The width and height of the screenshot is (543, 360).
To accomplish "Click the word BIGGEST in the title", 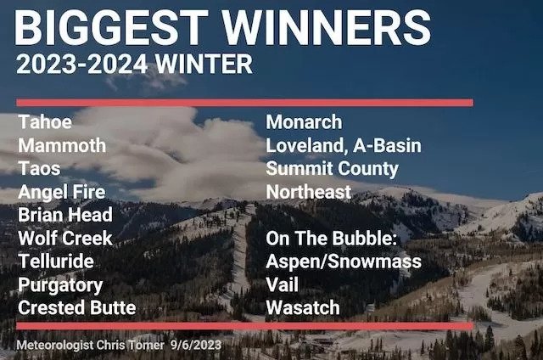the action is (x=111, y=28).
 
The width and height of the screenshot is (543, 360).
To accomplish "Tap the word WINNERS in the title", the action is (x=327, y=28).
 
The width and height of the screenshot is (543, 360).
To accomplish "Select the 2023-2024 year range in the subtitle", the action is (x=81, y=64).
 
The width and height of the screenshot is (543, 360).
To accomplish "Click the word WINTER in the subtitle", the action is (x=204, y=64).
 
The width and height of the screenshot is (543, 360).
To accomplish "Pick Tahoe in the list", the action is (x=45, y=122).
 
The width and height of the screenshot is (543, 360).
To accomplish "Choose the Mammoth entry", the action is (x=62, y=145).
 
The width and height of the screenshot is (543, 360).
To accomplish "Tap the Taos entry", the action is (x=39, y=168).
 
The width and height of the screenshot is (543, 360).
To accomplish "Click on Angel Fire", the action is (x=62, y=192).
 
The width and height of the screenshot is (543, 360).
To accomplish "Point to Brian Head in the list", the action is (x=65, y=215).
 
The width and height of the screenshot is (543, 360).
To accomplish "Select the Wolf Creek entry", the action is (x=65, y=239).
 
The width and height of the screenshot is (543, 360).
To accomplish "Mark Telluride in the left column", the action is (x=56, y=262).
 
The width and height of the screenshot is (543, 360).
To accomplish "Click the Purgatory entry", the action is (x=60, y=285).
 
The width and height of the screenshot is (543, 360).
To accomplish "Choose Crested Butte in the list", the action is (x=77, y=307).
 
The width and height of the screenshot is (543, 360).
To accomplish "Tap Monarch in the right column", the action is (x=304, y=122).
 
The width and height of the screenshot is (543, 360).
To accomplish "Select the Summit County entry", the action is (x=333, y=169).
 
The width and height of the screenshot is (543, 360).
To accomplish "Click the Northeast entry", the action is (x=309, y=192).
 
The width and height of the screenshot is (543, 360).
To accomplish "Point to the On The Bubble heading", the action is (x=332, y=239).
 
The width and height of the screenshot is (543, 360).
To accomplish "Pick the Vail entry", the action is (x=283, y=284).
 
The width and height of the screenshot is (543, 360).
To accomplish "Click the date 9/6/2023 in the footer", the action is (x=196, y=345).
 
